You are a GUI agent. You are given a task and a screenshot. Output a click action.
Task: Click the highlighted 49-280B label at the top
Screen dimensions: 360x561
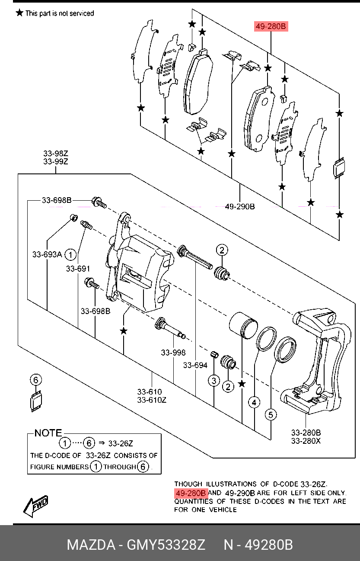[271, 26]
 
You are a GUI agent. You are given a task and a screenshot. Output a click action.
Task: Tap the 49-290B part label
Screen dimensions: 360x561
[240, 207]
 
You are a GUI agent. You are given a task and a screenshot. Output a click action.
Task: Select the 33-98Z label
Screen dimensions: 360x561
[56, 153]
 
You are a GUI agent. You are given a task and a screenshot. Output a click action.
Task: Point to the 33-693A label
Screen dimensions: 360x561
[47, 254]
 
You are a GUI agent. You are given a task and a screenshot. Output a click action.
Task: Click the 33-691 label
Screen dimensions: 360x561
[78, 269]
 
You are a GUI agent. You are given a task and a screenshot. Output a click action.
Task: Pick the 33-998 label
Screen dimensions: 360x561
[173, 353]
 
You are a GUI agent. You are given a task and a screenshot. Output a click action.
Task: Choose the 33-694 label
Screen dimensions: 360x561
[195, 365]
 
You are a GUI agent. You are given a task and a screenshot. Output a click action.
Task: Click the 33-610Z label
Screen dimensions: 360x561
[152, 400]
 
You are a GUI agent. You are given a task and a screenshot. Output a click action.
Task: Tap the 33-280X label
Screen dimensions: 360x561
[306, 441]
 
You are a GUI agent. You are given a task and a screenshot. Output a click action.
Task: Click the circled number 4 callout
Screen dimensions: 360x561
[254, 403]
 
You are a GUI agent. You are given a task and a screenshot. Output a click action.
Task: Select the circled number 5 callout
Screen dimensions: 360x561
[271, 415]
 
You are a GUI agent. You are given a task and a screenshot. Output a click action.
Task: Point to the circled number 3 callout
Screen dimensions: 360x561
[214, 381]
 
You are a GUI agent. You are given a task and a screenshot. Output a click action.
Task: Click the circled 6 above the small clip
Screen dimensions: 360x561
[36, 380]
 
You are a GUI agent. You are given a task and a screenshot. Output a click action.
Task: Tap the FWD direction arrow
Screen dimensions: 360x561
[35, 506]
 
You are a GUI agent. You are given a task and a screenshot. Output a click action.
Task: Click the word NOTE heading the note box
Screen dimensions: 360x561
[48, 433]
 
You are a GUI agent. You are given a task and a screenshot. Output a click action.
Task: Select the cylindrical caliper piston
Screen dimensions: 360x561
[243, 326]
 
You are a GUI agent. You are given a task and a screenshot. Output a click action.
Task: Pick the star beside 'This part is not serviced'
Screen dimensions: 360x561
[19, 13]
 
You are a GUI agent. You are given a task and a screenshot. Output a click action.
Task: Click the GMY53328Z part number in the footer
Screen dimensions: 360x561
[166, 545]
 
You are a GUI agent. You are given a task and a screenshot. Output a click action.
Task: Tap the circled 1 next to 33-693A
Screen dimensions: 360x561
[70, 255]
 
